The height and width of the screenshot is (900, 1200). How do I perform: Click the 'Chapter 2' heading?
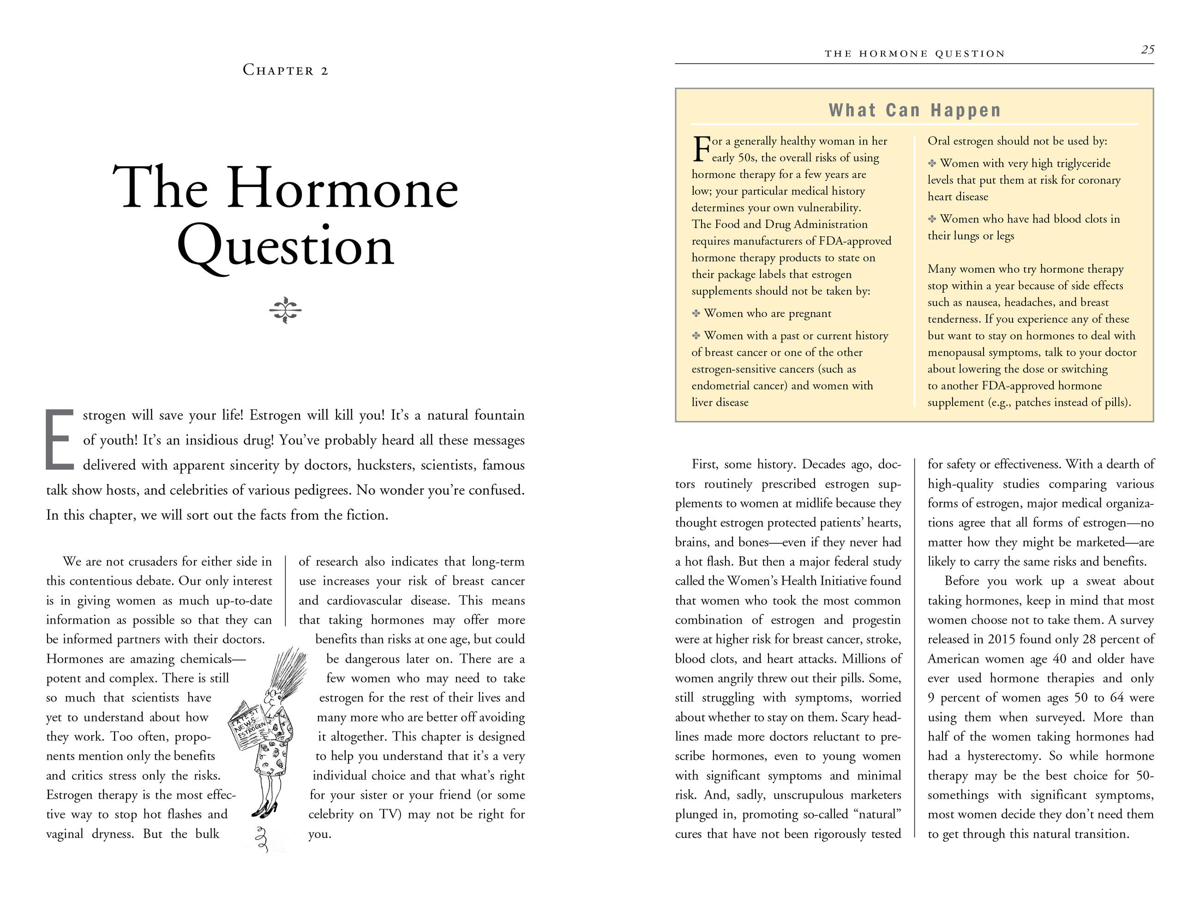[285, 70]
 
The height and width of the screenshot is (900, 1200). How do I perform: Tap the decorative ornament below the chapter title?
[285, 310]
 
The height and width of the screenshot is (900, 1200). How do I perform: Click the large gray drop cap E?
[59, 440]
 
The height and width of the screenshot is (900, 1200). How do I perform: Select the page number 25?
[1147, 50]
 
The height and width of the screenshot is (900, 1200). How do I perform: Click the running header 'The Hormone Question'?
[915, 54]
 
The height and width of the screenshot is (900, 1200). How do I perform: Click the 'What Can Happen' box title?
[915, 110]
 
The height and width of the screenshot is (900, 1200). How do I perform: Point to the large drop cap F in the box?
[702, 149]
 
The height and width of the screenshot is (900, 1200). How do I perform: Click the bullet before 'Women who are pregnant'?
[696, 313]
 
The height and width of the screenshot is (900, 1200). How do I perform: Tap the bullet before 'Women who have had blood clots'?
[932, 219]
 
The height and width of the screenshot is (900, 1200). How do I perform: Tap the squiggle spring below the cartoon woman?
[263, 840]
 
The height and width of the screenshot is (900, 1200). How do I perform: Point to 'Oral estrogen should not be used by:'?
[1017, 141]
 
